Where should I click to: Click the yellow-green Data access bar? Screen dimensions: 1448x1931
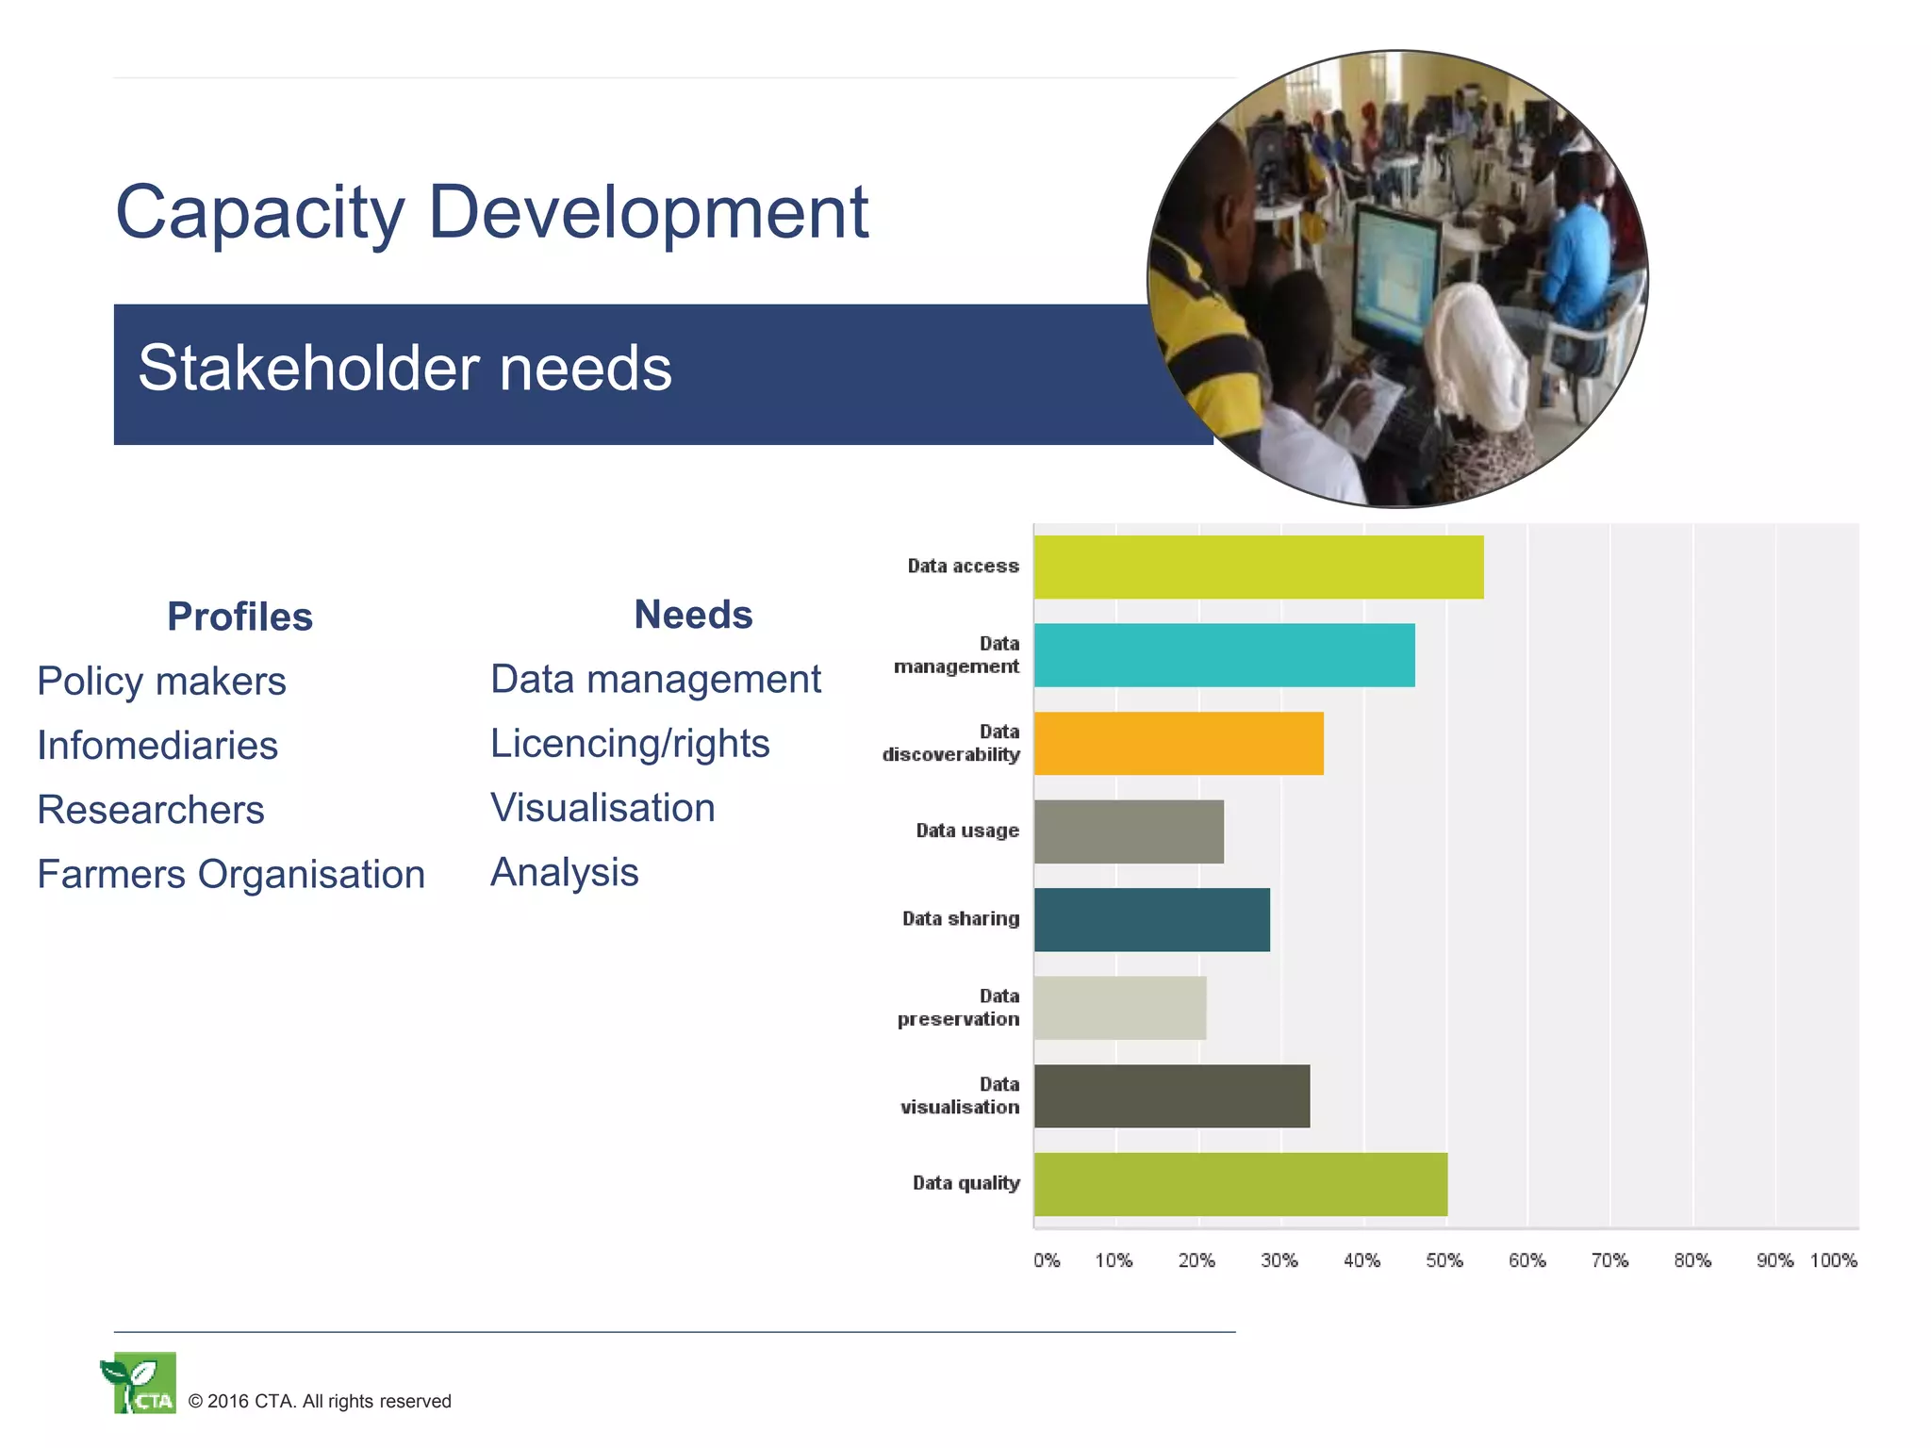pyautogui.click(x=1258, y=567)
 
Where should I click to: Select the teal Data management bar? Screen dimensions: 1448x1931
pyautogui.click(x=1224, y=655)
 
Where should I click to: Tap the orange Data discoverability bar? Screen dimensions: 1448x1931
pyautogui.click(x=1179, y=744)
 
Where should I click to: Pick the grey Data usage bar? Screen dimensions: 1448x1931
pyautogui.click(x=1129, y=831)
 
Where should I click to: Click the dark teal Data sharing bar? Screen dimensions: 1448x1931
pyautogui.click(x=1151, y=919)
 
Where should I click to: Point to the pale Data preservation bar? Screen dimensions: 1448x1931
pyautogui.click(x=1120, y=1008)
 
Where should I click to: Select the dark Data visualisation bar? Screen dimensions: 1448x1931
pyautogui.click(x=1171, y=1095)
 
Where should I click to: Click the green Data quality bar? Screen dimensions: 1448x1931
pyautogui.click(x=1240, y=1184)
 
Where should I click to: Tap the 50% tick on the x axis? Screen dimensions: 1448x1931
pyautogui.click(x=1444, y=1260)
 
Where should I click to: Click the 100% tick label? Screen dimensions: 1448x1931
pyautogui.click(x=1833, y=1260)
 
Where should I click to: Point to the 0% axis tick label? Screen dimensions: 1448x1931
pyautogui.click(x=1047, y=1260)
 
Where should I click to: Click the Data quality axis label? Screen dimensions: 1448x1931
pyautogui.click(x=965, y=1183)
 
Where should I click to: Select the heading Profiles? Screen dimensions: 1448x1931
pyautogui.click(x=239, y=617)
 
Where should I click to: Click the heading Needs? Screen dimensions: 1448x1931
pyautogui.click(x=693, y=615)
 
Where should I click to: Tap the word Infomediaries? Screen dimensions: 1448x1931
pyautogui.click(x=157, y=746)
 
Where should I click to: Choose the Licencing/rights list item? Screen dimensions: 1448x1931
pyautogui.click(x=630, y=744)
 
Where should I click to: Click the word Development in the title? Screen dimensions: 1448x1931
pyautogui.click(x=648, y=212)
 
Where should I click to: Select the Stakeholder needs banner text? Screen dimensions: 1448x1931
pyautogui.click(x=405, y=368)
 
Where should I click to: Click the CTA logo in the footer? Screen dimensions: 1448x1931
pyautogui.click(x=140, y=1383)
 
